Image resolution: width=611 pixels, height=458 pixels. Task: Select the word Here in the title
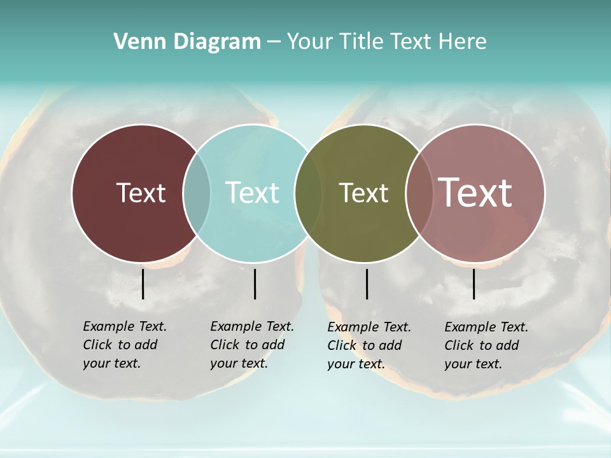coord(462,42)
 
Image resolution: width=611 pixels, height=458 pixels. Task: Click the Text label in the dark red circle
coord(141,193)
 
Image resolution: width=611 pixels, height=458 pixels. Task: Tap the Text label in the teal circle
coord(253,193)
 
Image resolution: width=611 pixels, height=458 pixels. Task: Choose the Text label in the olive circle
coord(363,193)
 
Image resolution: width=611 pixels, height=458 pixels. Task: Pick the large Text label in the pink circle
coord(475,193)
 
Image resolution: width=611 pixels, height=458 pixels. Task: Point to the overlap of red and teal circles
coord(197,193)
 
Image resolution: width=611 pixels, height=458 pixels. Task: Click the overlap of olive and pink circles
coord(419,193)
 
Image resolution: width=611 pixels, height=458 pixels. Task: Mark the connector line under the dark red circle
coord(143,284)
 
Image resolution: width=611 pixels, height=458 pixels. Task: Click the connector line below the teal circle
coord(255,284)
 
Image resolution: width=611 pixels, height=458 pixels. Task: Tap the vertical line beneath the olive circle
coord(367,284)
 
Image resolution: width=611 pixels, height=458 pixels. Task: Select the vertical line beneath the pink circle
coord(474,284)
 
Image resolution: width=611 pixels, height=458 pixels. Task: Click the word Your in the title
coord(311,42)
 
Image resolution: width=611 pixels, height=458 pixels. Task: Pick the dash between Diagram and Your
coord(273,42)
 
